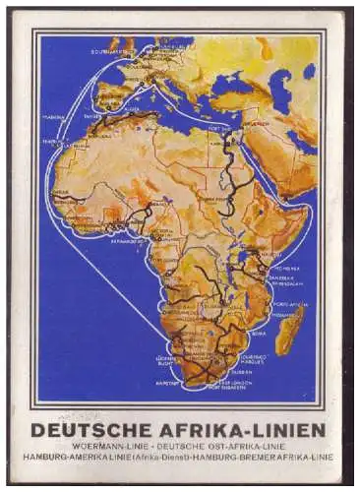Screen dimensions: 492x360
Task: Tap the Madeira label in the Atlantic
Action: point(55,116)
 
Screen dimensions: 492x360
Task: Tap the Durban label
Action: point(250,357)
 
